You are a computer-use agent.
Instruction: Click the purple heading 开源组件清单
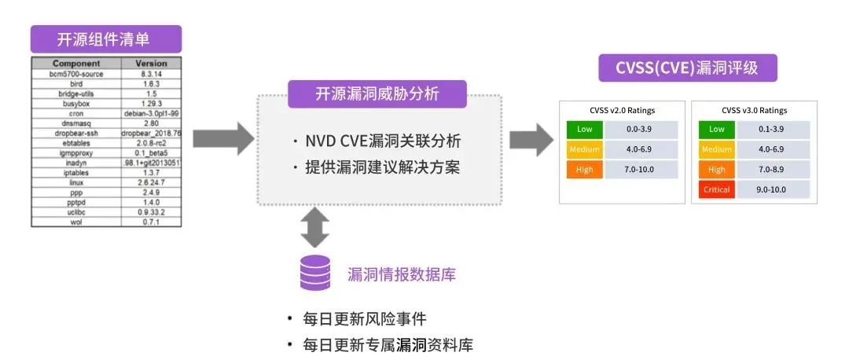pos(106,39)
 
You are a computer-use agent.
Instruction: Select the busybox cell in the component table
pos(76,103)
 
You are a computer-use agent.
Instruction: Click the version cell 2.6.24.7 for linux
pos(151,182)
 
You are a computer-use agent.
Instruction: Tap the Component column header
pos(76,63)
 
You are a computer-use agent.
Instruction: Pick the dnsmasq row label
pos(76,123)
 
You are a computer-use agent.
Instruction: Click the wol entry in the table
pos(76,222)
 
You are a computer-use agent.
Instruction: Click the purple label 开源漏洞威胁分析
pos(377,94)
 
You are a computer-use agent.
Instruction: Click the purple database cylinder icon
pos(315,274)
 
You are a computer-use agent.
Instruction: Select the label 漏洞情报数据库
pos(402,274)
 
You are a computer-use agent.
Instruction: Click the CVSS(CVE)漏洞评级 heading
pos(688,68)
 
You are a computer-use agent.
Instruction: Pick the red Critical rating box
pos(716,189)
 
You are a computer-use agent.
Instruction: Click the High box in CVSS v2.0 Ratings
pos(584,169)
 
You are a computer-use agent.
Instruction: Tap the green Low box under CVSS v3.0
pos(716,129)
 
